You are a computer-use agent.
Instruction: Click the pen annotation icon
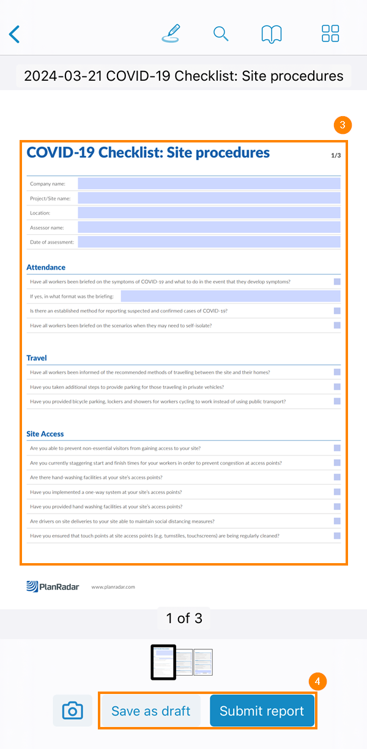tap(172, 33)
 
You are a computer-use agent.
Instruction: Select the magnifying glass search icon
tap(221, 34)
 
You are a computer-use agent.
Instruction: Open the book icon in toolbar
tap(272, 34)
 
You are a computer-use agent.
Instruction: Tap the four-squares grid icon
tap(330, 34)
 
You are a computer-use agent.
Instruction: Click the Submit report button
tap(262, 711)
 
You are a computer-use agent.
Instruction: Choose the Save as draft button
tap(150, 711)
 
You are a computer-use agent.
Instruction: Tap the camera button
tap(72, 710)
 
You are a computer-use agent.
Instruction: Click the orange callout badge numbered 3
tap(343, 125)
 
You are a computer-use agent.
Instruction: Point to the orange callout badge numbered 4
tap(317, 681)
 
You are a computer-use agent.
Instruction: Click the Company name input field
tap(209, 183)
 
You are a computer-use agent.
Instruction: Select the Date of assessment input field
tap(209, 242)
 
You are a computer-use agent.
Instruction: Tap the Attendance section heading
tap(46, 267)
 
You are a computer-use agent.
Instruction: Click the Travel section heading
tap(37, 358)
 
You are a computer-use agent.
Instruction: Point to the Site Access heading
tap(45, 434)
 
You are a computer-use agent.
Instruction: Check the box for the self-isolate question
tap(337, 325)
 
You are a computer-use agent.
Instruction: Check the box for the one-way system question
tap(337, 492)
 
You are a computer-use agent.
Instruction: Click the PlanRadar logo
tap(53, 587)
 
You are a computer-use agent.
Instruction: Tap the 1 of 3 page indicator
tap(183, 618)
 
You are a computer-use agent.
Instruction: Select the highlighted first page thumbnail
tap(163, 662)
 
